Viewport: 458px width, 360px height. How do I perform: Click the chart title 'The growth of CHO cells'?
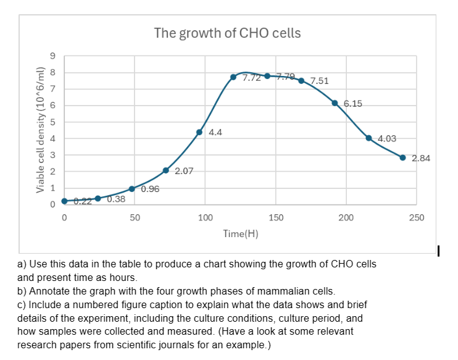pos(227,33)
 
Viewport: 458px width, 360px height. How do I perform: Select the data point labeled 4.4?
pos(199,132)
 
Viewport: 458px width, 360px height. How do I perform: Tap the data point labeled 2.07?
pos(166,170)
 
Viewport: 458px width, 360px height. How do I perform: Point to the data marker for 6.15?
pos(335,103)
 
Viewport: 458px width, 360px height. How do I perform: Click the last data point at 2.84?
pos(402,158)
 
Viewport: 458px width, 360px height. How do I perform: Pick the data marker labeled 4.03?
pos(369,138)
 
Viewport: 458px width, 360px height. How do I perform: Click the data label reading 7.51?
pos(320,81)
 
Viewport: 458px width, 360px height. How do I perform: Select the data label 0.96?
pos(150,189)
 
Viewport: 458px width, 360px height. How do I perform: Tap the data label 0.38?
pos(116,199)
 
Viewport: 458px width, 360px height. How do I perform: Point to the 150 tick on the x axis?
pos(277,217)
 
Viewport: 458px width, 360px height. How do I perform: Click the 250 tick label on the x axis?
pos(417,217)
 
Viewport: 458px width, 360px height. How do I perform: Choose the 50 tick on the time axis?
pos(135,217)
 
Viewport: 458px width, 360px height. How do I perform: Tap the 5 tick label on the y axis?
pos(54,122)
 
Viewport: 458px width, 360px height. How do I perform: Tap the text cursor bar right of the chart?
pos(438,251)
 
